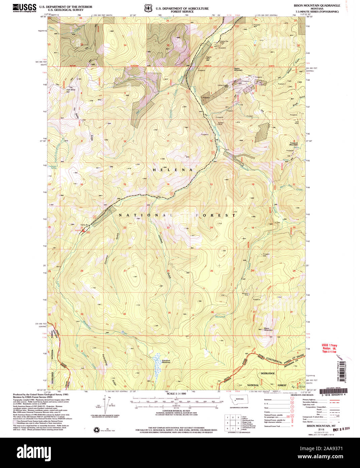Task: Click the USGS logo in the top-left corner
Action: coord(24,8)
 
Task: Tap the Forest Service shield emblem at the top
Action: coord(147,8)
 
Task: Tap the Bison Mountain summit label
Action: coord(268,329)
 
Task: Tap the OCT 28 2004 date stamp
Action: coord(340,429)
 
